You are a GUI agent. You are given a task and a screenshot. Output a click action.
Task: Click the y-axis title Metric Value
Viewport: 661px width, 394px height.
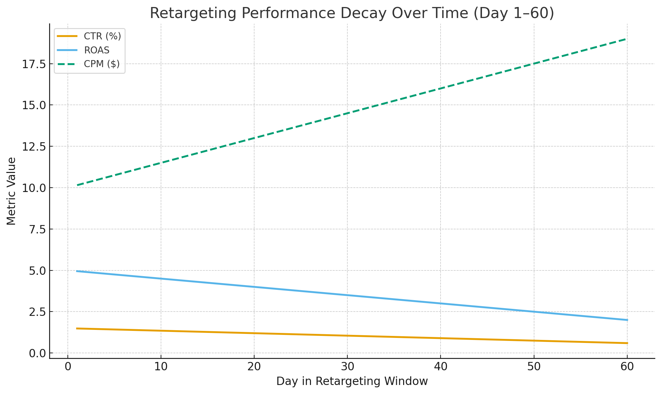[11, 191]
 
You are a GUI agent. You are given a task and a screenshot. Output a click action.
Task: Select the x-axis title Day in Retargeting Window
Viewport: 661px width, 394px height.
[352, 381]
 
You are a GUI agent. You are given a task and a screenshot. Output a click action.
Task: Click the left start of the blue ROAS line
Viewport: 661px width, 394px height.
[77, 271]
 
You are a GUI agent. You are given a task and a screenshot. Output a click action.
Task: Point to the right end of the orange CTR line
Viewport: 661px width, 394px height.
[627, 343]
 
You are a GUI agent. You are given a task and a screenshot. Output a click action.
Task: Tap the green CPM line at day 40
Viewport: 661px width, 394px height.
[441, 88]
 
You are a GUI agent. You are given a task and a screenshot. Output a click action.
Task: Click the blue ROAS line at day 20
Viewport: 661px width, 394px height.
[254, 287]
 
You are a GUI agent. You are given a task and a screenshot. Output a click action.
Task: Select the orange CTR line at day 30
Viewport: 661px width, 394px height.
[347, 336]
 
